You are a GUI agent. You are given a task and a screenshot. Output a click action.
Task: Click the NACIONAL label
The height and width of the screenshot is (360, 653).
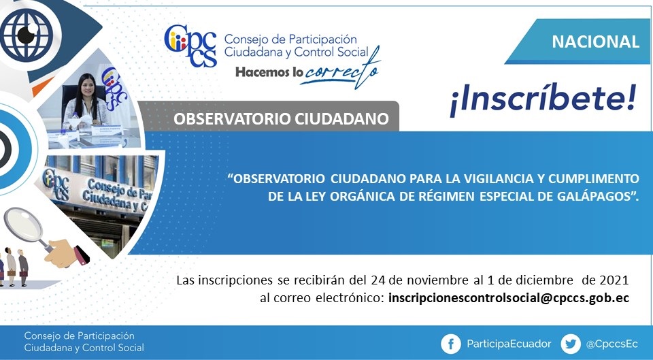tap(596, 42)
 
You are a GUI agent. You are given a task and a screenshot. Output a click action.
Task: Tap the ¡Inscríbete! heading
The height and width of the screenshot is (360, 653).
tap(543, 101)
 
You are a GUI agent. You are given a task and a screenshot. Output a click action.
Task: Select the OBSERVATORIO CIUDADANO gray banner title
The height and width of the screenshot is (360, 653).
tap(281, 118)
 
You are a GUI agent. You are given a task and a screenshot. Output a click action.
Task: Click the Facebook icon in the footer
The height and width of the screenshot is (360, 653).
tap(451, 344)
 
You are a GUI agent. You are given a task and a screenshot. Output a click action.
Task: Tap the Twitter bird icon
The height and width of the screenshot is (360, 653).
tap(571, 344)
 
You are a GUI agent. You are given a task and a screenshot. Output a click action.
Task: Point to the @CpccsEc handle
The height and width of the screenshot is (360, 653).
tap(612, 344)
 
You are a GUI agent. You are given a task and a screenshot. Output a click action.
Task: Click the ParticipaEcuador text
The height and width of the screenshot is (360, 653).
tap(509, 344)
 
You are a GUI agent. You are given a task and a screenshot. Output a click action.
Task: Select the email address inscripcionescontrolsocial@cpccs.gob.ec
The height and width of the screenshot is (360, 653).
tap(509, 298)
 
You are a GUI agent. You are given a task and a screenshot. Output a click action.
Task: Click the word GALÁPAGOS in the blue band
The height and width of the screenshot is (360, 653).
tap(593, 197)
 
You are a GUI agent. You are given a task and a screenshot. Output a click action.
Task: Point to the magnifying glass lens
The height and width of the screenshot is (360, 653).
tap(24, 224)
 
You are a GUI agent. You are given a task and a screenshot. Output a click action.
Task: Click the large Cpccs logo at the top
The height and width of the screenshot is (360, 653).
tap(190, 46)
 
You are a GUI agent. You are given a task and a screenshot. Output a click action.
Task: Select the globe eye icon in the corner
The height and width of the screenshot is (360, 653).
tap(27, 35)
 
